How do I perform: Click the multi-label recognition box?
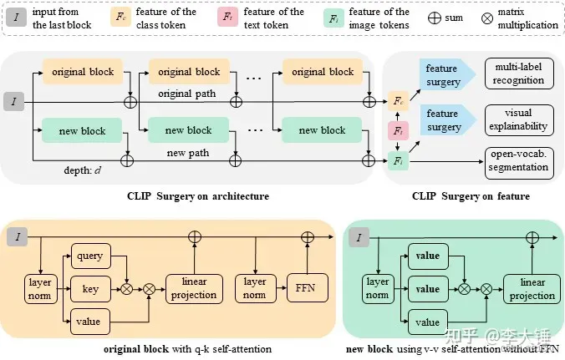click(518, 74)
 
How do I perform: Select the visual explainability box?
click(518, 119)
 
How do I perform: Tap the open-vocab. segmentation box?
click(518, 160)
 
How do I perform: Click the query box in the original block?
click(91, 256)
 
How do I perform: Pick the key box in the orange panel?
click(91, 289)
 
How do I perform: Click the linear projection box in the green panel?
click(532, 289)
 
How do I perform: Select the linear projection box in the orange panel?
click(193, 288)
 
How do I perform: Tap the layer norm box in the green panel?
click(376, 287)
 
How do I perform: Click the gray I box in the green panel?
click(360, 239)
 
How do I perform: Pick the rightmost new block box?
click(322, 130)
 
